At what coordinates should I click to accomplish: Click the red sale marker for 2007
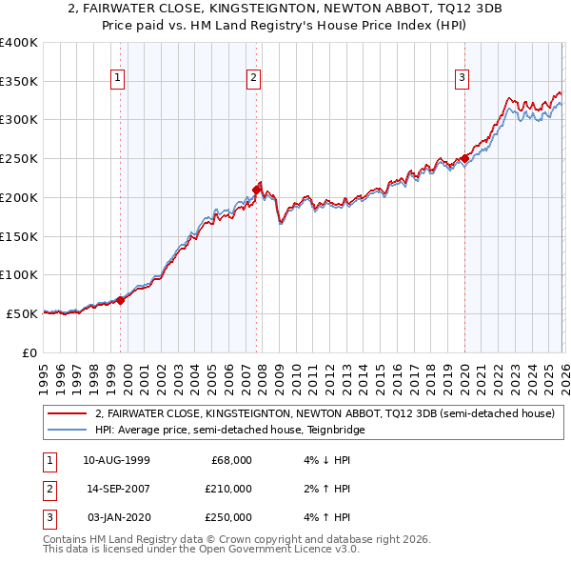point(257,191)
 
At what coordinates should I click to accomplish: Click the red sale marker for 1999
point(121,300)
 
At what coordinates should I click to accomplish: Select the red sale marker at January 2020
point(464,159)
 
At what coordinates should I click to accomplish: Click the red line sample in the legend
point(67,413)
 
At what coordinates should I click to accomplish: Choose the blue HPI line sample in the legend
point(67,430)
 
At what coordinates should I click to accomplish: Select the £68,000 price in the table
point(230,459)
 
